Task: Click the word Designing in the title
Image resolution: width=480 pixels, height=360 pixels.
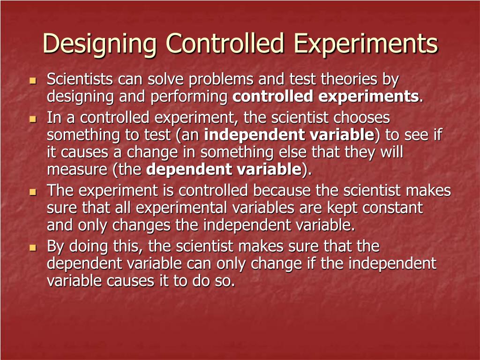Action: coord(100,44)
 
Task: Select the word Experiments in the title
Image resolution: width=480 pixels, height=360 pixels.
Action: coord(366,44)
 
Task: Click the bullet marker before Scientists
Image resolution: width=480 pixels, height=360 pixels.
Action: coord(32,81)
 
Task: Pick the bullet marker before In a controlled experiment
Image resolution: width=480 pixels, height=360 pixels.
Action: coord(32,119)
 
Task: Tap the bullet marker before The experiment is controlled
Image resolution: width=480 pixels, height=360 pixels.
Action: coord(32,192)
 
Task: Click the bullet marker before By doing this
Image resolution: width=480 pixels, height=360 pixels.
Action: coord(32,247)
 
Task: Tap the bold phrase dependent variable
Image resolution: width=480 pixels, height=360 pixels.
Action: coord(224,170)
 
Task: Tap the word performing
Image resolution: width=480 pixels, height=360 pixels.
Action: coord(189,97)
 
